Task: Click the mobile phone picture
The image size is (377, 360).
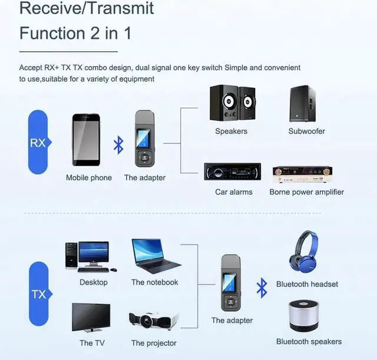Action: [89, 140]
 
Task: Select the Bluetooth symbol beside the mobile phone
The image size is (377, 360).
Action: [118, 143]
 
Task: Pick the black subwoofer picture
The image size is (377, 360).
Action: [306, 104]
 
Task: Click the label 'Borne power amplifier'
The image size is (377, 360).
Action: [306, 192]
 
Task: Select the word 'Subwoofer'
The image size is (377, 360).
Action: [306, 131]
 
